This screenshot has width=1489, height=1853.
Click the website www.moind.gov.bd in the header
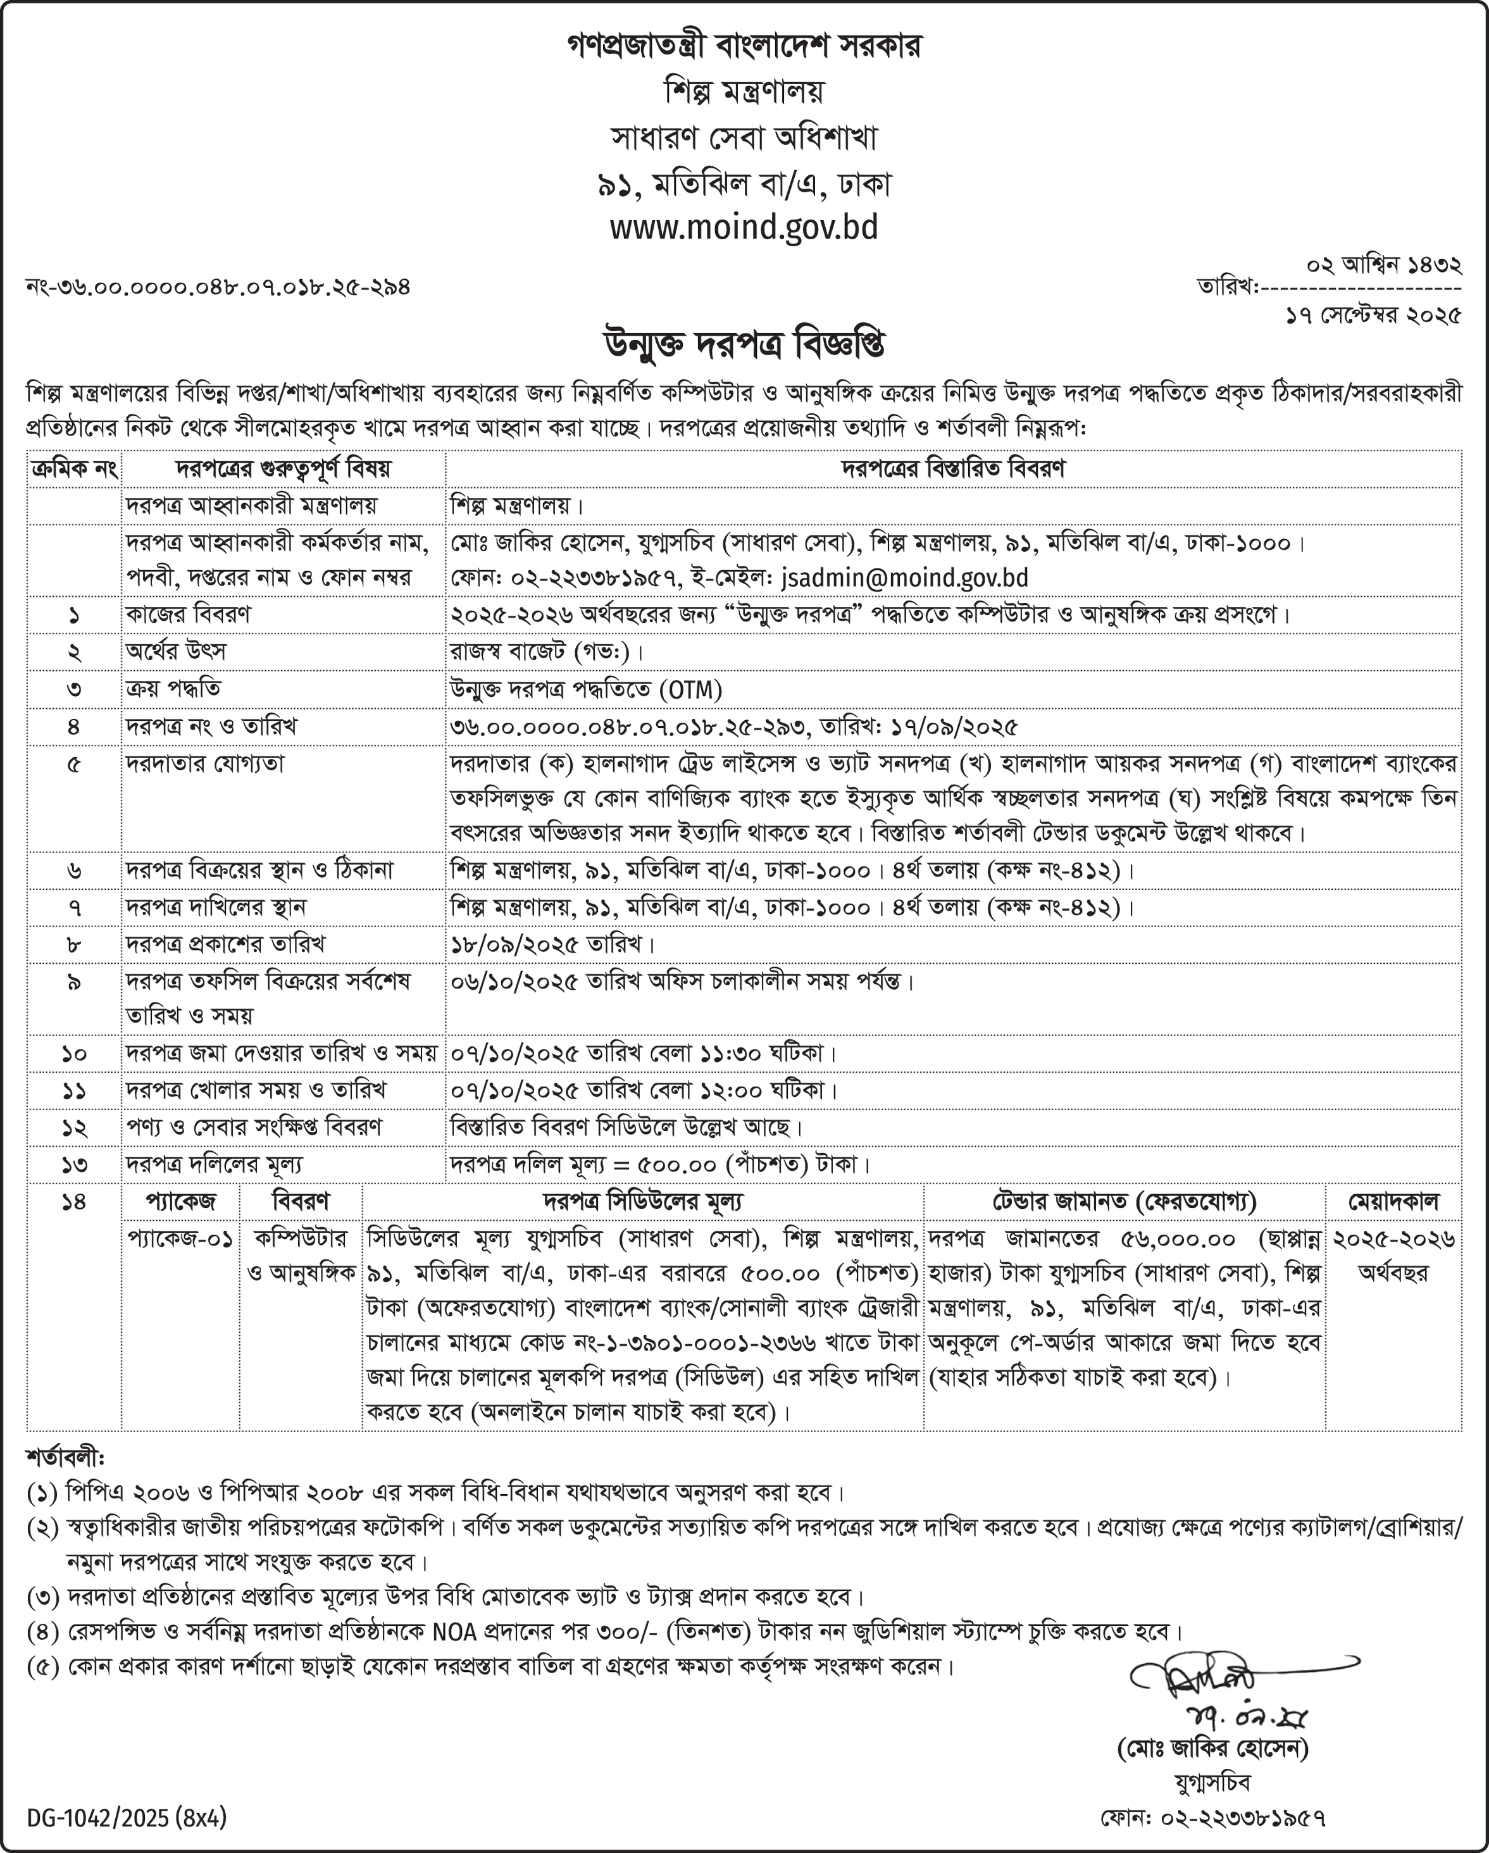click(744, 228)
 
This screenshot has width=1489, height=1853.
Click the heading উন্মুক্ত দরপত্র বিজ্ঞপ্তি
click(744, 346)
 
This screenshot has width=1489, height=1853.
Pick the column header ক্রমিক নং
click(74, 470)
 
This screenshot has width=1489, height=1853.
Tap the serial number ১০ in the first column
click(74, 1054)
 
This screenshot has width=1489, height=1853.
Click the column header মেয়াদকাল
click(1393, 1202)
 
